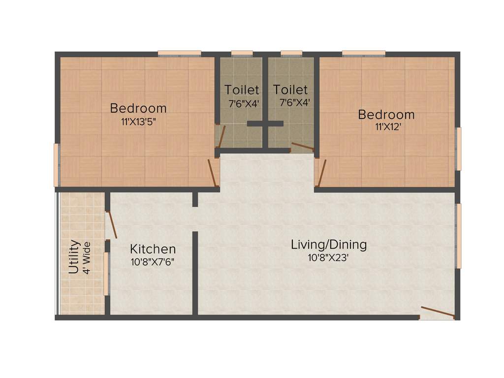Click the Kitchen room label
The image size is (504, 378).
click(153, 249)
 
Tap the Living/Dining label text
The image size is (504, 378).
click(329, 245)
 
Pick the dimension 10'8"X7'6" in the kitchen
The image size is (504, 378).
click(153, 262)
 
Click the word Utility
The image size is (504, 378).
click(74, 256)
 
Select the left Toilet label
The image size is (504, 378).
click(242, 90)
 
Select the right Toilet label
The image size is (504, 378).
click(290, 90)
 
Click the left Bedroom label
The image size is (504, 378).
click(138, 108)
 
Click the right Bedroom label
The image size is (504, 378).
click(386, 115)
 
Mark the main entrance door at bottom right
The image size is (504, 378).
click(437, 313)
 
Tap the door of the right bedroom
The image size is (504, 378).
click(320, 172)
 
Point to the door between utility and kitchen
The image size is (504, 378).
click(112, 224)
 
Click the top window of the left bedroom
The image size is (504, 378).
click(179, 53)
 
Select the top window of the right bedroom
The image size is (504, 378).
click(363, 53)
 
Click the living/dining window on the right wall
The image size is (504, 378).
click(458, 236)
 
